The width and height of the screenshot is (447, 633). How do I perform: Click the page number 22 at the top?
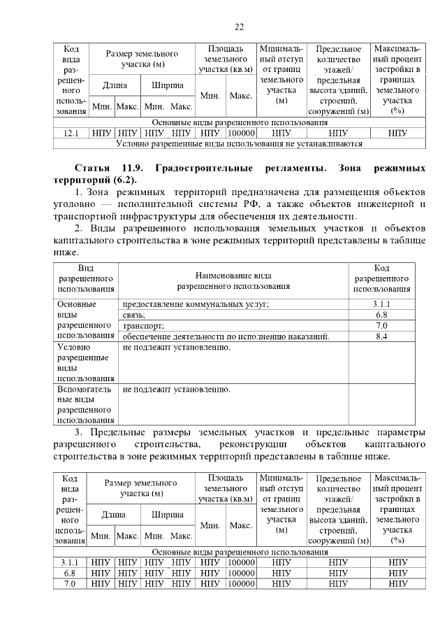tap(239, 27)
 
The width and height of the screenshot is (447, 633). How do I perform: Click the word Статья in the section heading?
tap(94, 169)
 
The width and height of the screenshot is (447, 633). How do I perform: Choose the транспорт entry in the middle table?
tap(144, 326)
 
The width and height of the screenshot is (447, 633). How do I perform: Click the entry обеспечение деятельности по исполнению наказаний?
tap(226, 337)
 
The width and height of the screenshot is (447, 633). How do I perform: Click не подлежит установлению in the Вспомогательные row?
tap(176, 390)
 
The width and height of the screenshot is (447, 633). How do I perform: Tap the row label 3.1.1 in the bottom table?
tap(69, 562)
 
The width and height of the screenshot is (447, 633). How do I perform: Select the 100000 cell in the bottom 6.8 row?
tap(241, 573)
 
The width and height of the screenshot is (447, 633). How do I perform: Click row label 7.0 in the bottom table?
tap(69, 583)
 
